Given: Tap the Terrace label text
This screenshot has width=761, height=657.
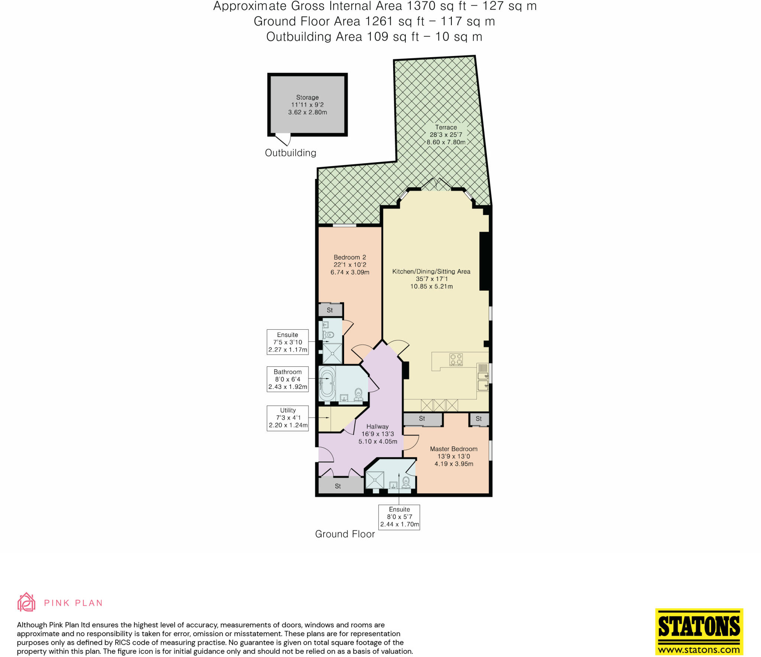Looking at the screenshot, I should coord(446,127).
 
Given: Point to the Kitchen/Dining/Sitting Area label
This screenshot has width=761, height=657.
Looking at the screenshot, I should coord(431,271).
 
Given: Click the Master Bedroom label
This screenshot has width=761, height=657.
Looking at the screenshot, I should coord(454,449).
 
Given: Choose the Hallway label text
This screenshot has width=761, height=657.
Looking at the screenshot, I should coord(378,426).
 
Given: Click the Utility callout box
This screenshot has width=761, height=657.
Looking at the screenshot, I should coord(288,418).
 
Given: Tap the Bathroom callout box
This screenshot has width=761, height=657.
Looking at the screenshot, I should coord(288,379).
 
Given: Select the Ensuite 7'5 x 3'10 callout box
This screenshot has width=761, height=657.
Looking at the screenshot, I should coord(288,342).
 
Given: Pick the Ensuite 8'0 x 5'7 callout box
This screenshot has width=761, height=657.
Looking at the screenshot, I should coord(399,517).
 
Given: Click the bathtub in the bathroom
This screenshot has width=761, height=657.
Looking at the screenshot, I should coord(327,385).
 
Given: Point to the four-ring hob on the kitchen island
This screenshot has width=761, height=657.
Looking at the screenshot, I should coord(456,359).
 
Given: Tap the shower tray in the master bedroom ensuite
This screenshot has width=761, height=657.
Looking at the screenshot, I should coord(375,480).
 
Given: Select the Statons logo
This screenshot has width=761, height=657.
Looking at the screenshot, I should coord(699,631).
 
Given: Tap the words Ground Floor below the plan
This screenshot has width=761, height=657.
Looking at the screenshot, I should coord(345,534).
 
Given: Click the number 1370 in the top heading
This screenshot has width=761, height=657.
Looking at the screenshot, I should coord(421,6).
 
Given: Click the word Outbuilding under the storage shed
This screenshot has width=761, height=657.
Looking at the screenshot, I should coord(291,153).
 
